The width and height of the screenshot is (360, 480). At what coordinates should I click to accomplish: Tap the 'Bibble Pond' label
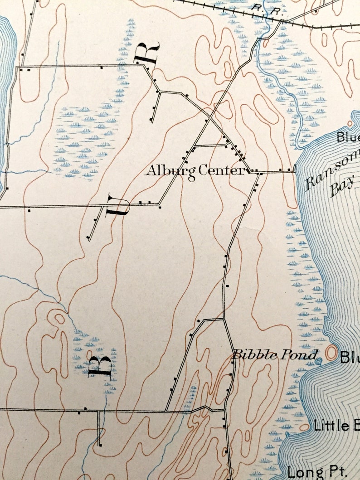click(x=275, y=355)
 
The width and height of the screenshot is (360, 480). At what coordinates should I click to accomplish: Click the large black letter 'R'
click(x=148, y=53)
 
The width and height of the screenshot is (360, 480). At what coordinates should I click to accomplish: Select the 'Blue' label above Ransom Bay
click(x=348, y=136)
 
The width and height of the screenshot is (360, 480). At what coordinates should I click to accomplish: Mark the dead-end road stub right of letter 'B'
click(x=99, y=428)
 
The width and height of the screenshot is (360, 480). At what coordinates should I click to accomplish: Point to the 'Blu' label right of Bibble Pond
click(x=350, y=358)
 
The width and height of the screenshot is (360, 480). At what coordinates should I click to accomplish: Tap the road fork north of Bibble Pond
click(x=223, y=319)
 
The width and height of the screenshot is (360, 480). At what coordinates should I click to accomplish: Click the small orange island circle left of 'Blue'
click(x=350, y=123)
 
